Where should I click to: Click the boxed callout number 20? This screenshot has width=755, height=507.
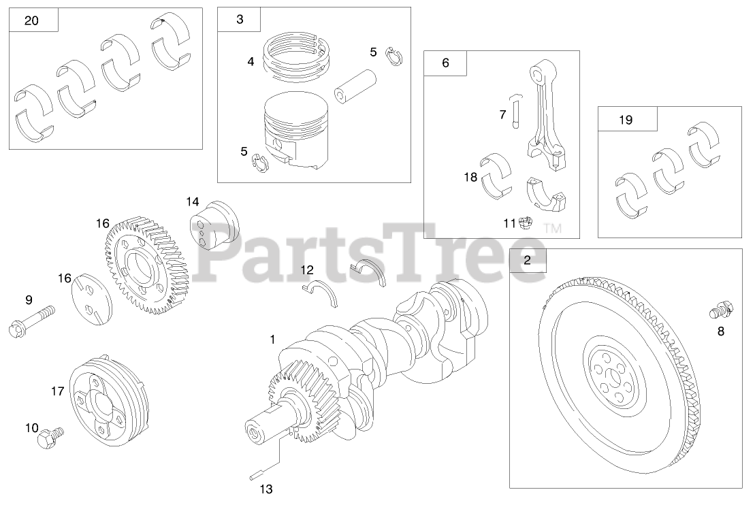click(x=31, y=20)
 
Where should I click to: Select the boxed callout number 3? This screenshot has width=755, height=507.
click(x=240, y=20)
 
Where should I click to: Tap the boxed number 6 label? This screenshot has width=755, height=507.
click(x=445, y=63)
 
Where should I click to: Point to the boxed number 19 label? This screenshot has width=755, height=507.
click(x=626, y=120)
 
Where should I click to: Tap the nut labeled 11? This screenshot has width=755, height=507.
click(x=525, y=223)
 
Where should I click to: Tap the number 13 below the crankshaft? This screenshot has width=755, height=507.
click(x=266, y=488)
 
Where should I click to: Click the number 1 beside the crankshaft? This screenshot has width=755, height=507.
click(x=272, y=338)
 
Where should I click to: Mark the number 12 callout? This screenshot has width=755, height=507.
click(x=308, y=270)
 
